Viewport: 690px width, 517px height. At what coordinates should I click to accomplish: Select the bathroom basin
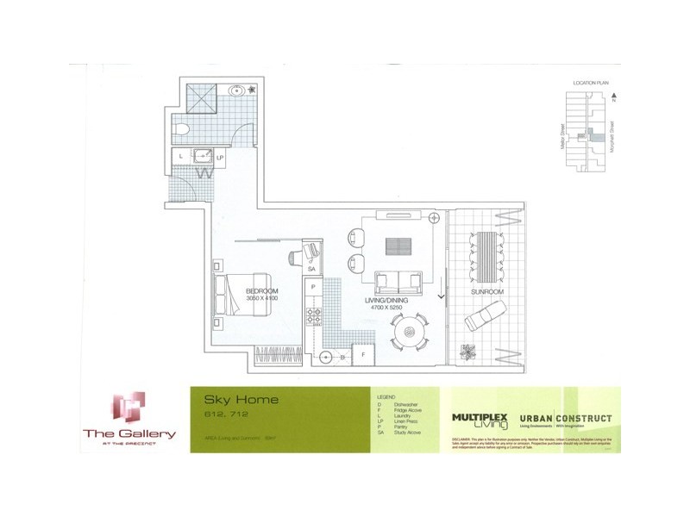coord(236,89)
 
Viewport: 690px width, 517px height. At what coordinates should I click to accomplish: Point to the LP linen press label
coord(221,158)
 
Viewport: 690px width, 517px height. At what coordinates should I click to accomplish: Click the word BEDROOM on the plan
coord(260,291)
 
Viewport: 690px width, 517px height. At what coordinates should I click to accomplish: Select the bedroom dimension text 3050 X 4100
coord(260,299)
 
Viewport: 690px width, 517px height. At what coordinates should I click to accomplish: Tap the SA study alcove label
coord(311,270)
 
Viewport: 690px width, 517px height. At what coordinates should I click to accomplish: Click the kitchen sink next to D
coord(327,355)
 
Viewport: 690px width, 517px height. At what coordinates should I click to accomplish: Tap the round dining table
coord(411,331)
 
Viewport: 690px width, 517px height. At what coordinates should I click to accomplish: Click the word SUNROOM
coord(488,290)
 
